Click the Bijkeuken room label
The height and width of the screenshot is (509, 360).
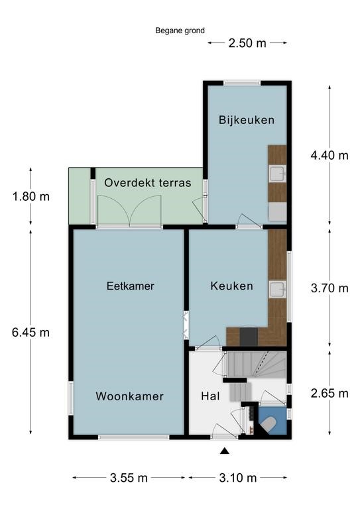pos(247,120)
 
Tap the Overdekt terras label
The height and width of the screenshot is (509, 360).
pos(148,183)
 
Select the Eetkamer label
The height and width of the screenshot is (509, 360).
pos(130,286)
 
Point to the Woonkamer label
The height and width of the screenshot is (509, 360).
pos(129,396)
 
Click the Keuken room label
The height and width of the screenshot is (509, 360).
pos(231,286)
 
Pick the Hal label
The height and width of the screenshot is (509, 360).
pos(210,396)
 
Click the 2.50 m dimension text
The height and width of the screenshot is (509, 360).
pos(247,43)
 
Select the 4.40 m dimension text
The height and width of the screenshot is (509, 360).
pos(329,156)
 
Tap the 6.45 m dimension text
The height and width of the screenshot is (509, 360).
pos(31,333)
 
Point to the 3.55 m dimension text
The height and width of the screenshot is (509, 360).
pos(129,477)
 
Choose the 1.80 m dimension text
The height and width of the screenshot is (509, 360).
pos(31,196)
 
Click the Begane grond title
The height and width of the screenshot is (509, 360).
pos(180,30)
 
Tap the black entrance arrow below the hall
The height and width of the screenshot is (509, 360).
pos(225,451)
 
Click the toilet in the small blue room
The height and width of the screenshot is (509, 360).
pos(269,425)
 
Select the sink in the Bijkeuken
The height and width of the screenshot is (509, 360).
pos(278,174)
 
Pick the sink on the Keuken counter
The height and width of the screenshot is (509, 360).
pos(278,290)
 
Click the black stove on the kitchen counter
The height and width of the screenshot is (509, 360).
pos(249,337)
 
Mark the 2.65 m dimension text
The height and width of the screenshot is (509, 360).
pos(329,394)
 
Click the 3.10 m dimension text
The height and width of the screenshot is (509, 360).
pos(238,477)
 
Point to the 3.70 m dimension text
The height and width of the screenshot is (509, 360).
pos(329,288)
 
